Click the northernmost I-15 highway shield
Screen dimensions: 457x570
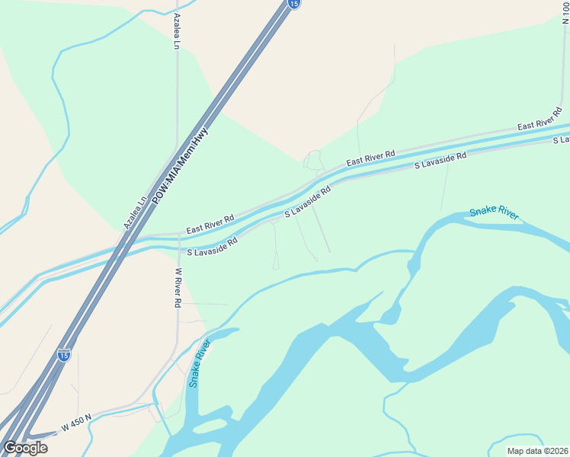pos(294,4)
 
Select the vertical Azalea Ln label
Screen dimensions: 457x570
pos(176,31)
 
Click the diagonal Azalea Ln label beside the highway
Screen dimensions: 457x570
pos(135,214)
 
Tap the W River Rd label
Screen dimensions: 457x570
pos(178,287)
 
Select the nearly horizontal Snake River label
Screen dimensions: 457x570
pos(494,213)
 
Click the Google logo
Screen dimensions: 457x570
pos(25,448)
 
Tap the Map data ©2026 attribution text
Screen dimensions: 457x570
pos(538,451)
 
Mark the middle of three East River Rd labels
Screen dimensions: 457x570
pos(370,158)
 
